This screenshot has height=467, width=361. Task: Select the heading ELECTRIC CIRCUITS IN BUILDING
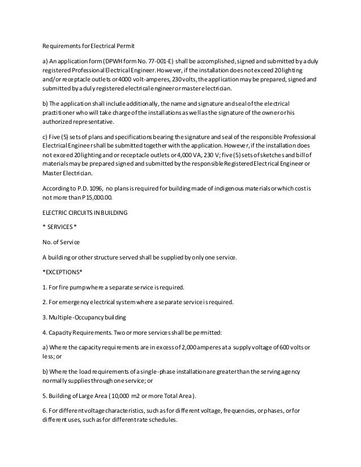tap(85, 213)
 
